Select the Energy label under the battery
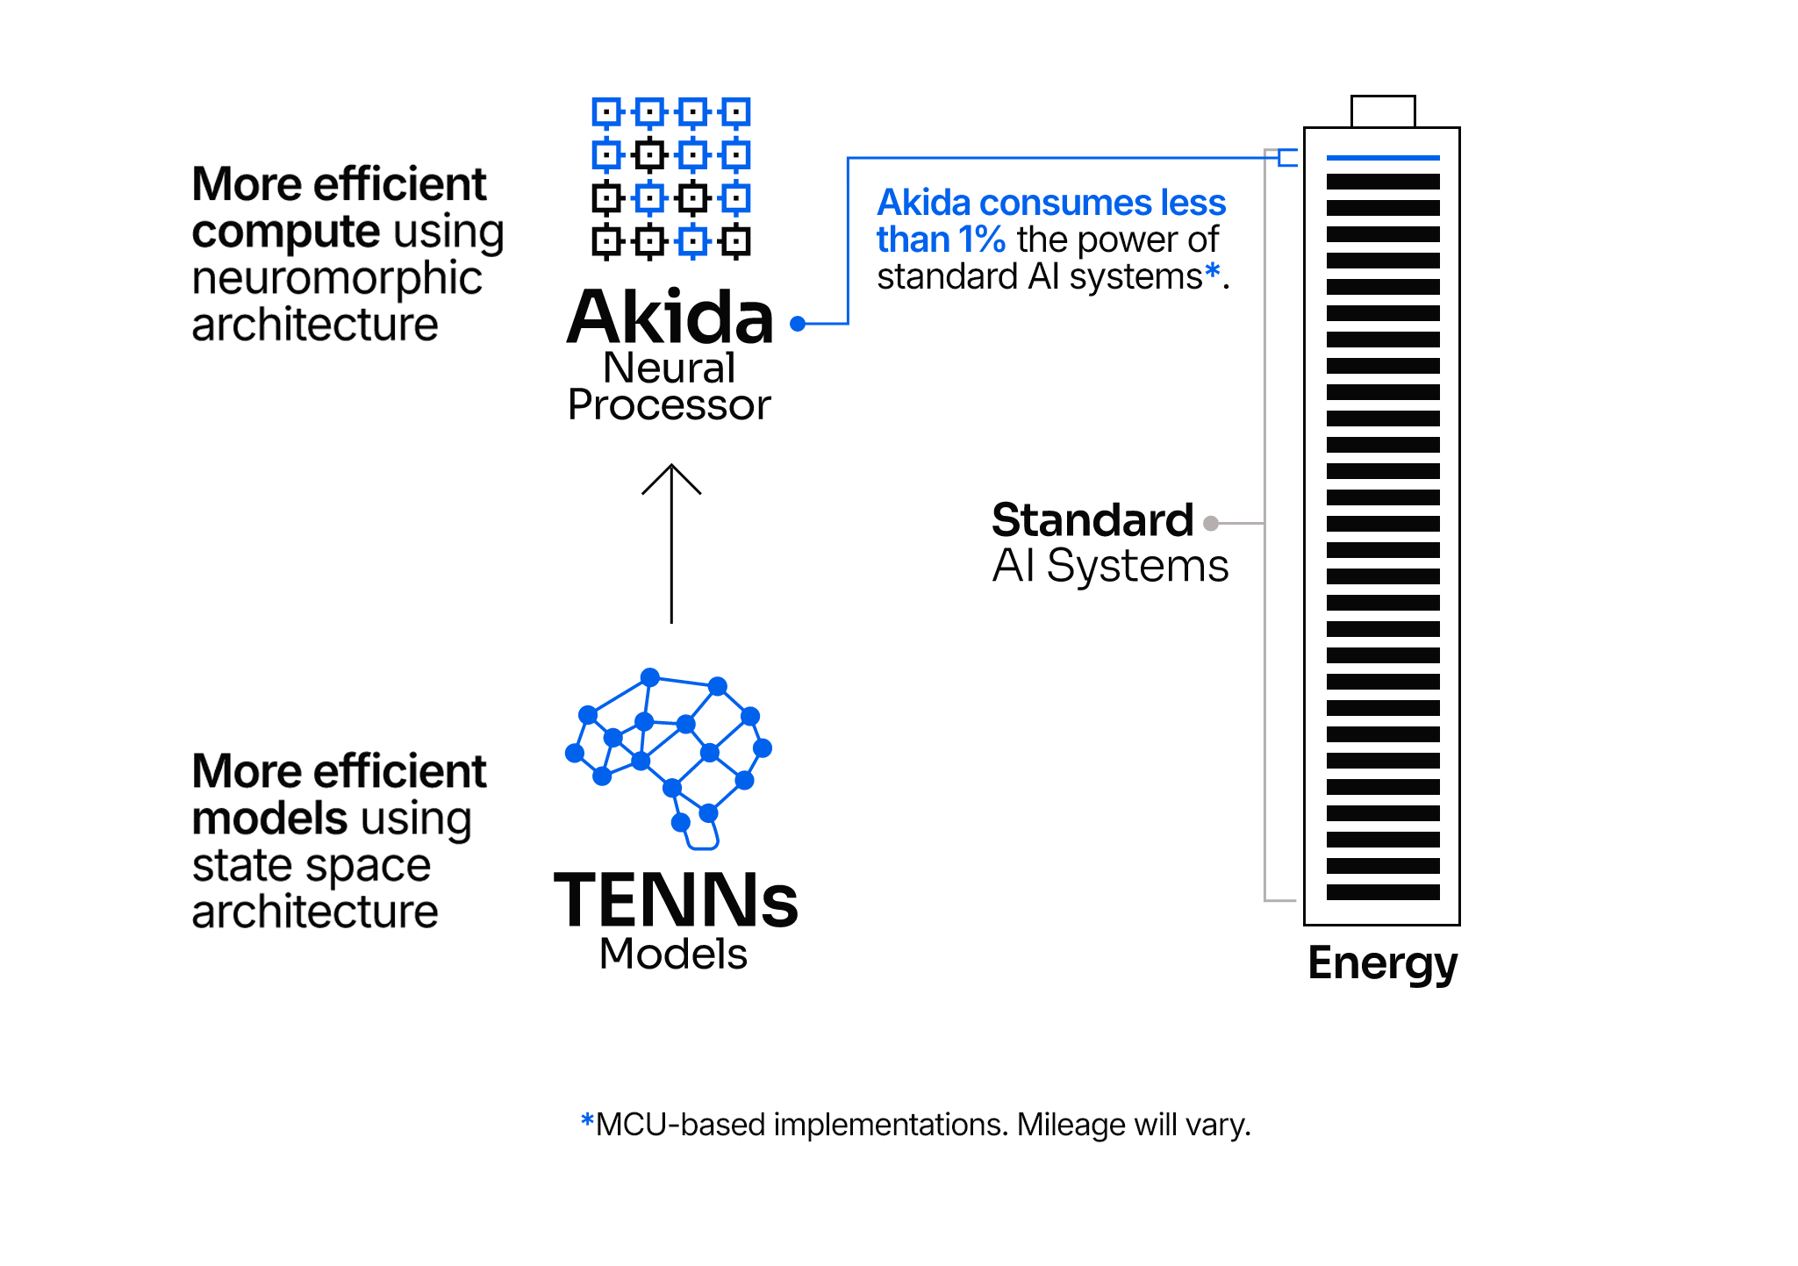(x=1382, y=963)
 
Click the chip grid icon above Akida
(x=670, y=177)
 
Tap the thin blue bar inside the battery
(x=1382, y=158)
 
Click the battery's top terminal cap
(x=1382, y=111)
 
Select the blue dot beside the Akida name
(x=798, y=324)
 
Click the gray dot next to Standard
(x=1211, y=523)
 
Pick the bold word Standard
(x=1092, y=520)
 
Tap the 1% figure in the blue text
(x=981, y=240)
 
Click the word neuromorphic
(x=337, y=279)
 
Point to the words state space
(x=312, y=866)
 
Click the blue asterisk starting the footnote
(x=587, y=1120)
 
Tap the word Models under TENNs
(x=673, y=954)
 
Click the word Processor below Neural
(x=669, y=405)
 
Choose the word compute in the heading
(x=286, y=232)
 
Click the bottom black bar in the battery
(x=1382, y=892)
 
